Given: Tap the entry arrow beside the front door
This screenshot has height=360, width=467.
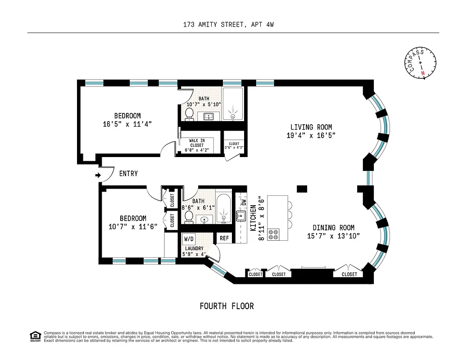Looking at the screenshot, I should [98, 175].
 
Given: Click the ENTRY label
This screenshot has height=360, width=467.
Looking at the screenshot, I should [128, 174].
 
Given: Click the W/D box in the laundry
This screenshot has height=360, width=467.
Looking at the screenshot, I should [189, 239].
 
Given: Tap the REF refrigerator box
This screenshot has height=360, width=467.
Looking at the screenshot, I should [224, 238].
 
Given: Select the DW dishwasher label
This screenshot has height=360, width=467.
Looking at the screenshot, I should [244, 202].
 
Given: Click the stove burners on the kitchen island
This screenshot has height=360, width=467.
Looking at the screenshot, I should [273, 234].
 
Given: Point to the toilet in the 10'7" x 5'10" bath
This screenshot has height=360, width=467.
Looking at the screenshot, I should [190, 114].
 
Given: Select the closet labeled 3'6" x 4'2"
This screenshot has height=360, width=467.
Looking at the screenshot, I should [234, 145].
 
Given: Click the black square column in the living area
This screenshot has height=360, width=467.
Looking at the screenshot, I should [302, 188].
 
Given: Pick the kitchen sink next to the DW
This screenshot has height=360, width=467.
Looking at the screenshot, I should [241, 217].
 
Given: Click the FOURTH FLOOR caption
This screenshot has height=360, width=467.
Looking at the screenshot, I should [227, 306].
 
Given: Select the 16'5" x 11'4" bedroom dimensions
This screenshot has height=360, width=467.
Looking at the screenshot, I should [127, 124].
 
